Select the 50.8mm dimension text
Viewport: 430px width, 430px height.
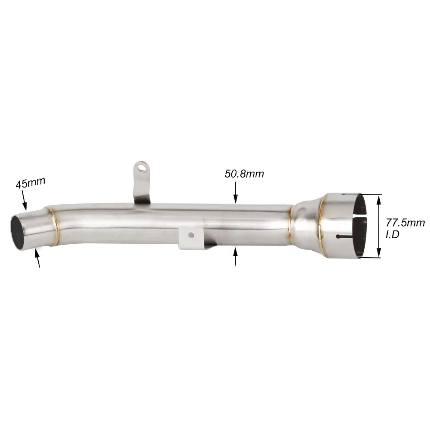click(244, 174)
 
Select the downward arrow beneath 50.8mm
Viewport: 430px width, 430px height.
click(235, 192)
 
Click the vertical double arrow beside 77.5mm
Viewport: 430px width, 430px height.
click(379, 226)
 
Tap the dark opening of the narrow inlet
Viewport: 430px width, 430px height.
click(18, 232)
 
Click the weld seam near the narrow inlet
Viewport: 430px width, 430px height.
click(55, 227)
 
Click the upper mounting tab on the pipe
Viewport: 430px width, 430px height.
click(141, 181)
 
